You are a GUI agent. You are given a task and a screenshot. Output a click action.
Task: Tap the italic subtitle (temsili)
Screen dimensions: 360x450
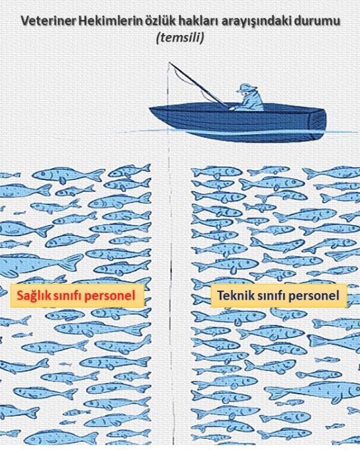(x=180, y=37)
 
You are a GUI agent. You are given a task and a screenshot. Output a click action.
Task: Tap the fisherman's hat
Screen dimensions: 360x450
(x=244, y=87)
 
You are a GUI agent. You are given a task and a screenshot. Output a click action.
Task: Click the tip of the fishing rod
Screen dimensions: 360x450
(x=169, y=62)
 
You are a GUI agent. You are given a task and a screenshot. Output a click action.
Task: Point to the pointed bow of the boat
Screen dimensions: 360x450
(x=150, y=109)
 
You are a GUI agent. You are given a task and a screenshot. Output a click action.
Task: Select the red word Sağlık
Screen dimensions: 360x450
(x=32, y=296)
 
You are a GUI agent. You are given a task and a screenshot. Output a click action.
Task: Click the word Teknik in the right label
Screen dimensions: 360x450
(x=232, y=295)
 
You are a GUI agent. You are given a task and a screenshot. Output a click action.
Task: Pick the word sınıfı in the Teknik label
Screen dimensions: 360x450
(x=268, y=295)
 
